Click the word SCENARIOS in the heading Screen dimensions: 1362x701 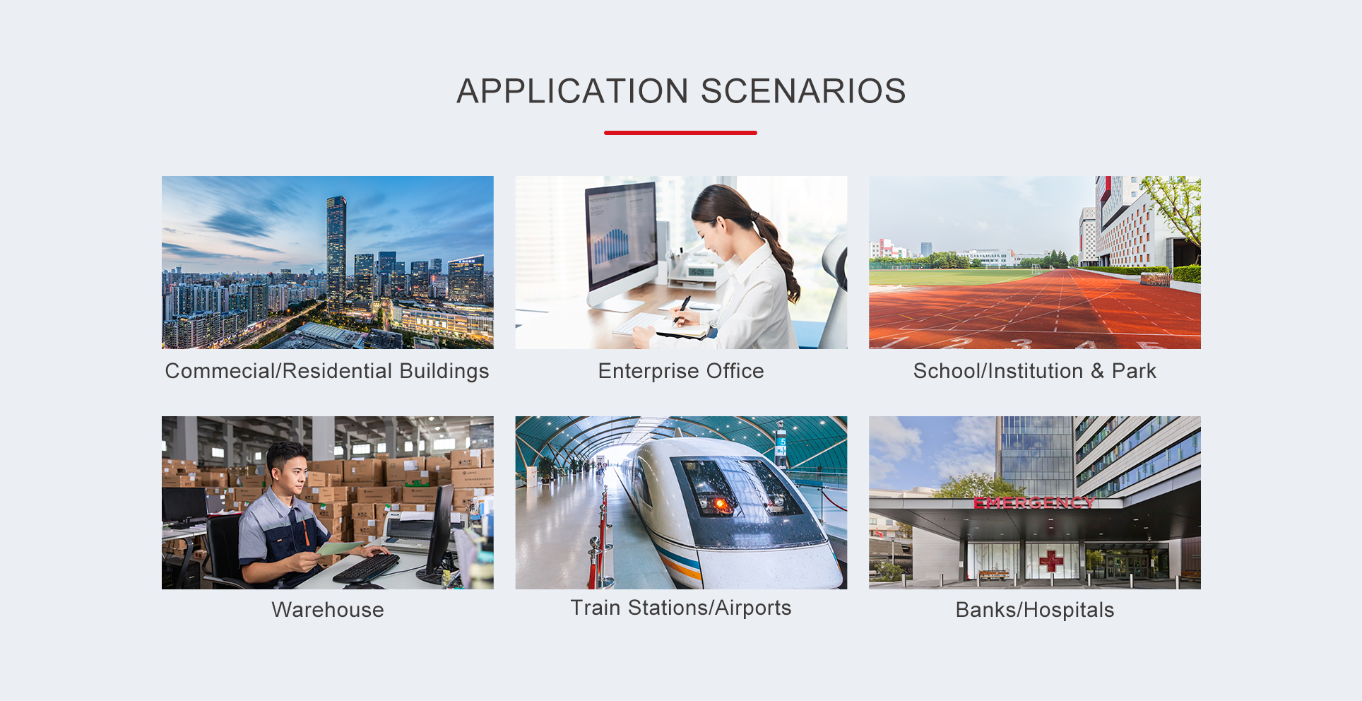(803, 91)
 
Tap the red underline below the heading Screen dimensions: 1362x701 (680, 132)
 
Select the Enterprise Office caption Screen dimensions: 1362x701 (681, 371)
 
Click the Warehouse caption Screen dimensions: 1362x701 (328, 610)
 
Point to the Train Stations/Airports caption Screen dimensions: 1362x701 (681, 608)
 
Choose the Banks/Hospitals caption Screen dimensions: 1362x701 (1035, 610)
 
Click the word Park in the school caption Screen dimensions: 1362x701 (1134, 371)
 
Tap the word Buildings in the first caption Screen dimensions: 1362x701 (444, 372)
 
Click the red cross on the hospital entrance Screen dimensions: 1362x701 (1051, 561)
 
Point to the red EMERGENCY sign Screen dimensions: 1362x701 (1034, 502)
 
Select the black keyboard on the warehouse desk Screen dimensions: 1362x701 (366, 567)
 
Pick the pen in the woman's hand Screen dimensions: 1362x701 (682, 309)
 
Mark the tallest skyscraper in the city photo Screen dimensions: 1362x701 (336, 251)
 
